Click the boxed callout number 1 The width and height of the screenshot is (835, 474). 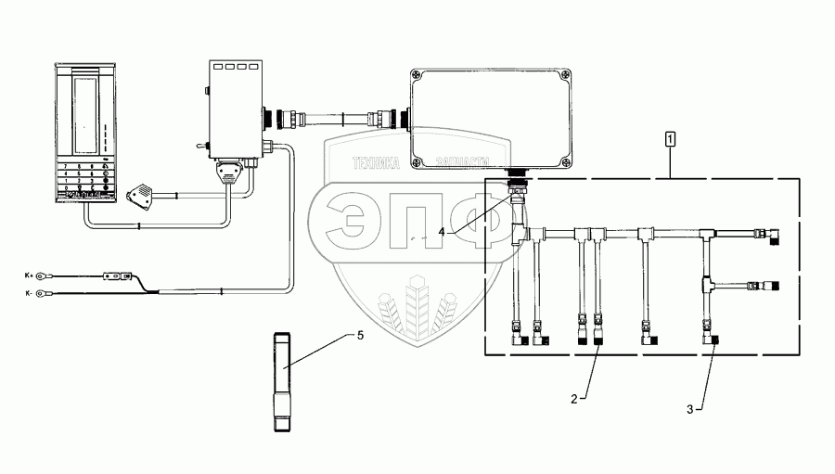670,139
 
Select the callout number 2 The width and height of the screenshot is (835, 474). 574,398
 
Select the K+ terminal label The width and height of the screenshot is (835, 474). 30,275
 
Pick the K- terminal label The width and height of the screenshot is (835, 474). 30,293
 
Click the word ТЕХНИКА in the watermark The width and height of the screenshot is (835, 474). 375,163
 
